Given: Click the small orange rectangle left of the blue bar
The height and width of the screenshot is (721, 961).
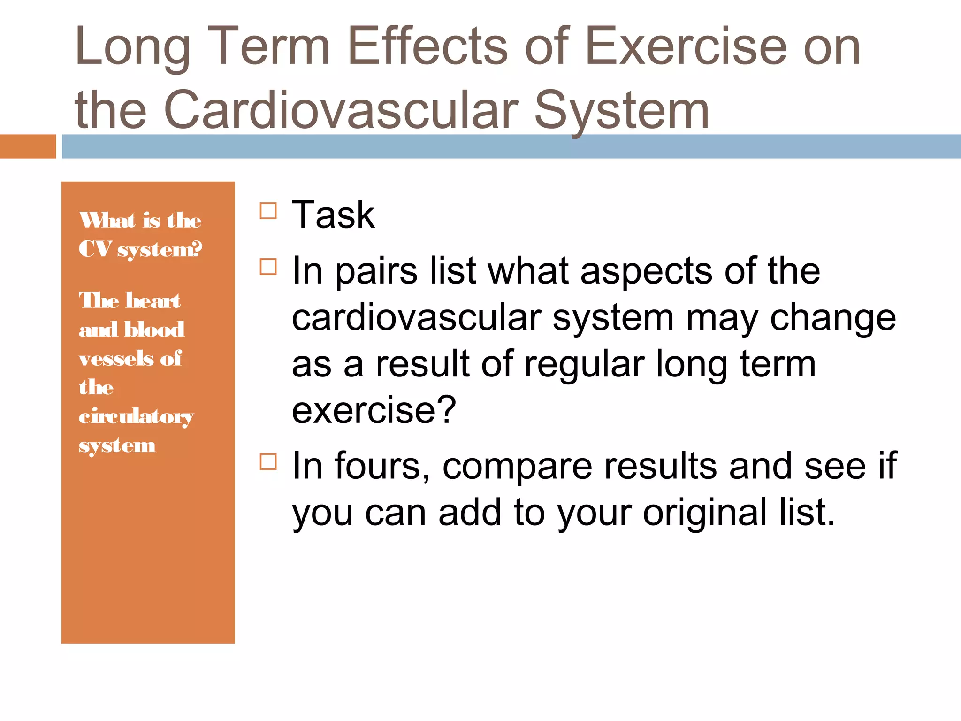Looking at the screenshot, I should (x=28, y=146).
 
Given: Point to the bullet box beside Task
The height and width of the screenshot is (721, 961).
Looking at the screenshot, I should (x=268, y=211).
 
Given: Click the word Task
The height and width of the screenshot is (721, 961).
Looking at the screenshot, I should (x=333, y=215).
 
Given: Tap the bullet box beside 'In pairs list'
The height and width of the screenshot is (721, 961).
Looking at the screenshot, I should (x=268, y=267).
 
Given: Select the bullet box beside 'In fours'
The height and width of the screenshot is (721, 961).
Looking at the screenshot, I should (x=268, y=462).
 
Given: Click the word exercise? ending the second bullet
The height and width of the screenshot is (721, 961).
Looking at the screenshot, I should (x=374, y=410).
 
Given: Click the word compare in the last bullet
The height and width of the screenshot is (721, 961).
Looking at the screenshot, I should (x=518, y=467).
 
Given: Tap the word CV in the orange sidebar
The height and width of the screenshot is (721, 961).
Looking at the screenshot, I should (x=95, y=249).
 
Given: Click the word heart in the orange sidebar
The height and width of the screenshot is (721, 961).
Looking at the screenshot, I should (x=153, y=300).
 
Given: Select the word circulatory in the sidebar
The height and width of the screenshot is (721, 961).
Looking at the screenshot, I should (x=136, y=416).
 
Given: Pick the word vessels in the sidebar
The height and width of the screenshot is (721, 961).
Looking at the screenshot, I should (x=116, y=359).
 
